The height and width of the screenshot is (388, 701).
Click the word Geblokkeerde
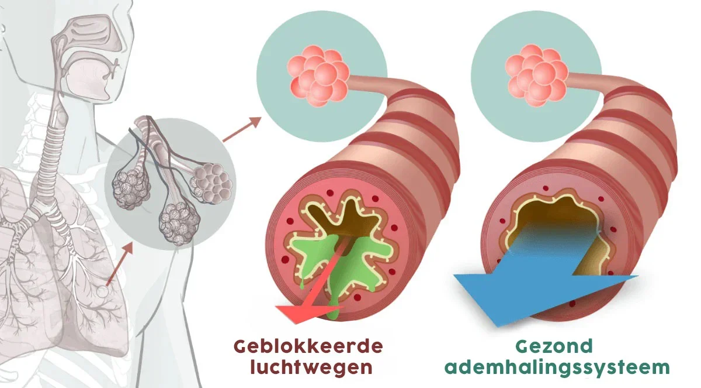pos(308,346)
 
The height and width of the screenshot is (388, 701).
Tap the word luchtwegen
pos(311,367)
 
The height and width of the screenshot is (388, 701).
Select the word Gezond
pos(554,346)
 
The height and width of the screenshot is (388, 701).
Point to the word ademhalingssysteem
pos(557,368)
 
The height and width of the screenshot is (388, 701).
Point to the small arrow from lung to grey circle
pos(119,265)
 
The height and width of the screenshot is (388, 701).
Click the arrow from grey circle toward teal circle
pos(242,129)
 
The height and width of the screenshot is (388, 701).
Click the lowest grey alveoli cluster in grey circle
pos(179,223)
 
